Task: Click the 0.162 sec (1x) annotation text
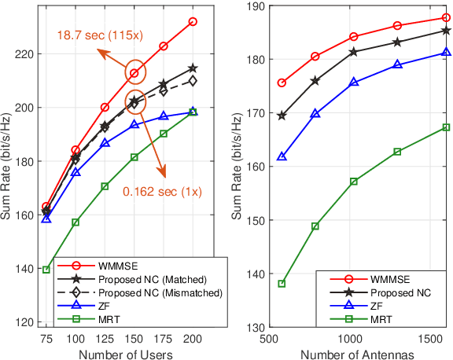(x=160, y=189)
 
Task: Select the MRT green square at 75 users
(x=46, y=270)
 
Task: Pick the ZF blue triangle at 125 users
(x=105, y=143)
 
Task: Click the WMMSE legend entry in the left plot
(x=114, y=264)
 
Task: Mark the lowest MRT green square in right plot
(x=282, y=283)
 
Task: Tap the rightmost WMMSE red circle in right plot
(x=446, y=17)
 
